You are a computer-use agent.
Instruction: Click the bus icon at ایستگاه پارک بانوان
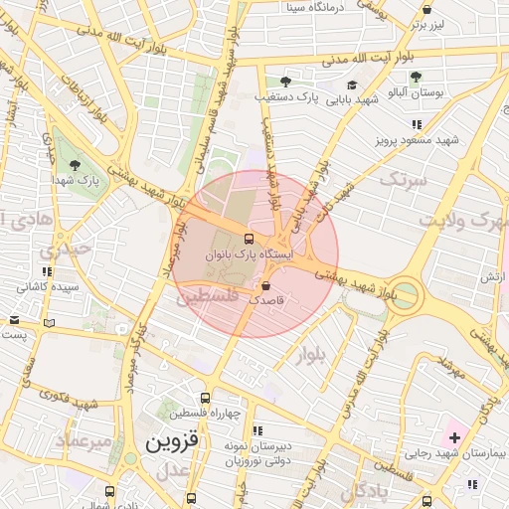tap(248, 239)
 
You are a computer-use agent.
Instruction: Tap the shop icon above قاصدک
tap(265, 286)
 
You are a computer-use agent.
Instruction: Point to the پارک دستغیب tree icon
tap(285, 82)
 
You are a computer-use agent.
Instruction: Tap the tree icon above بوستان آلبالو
tap(416, 77)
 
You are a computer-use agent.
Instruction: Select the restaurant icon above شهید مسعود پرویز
tap(416, 124)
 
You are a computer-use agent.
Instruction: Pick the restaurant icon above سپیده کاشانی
tap(46, 270)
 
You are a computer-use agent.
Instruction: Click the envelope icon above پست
tap(14, 320)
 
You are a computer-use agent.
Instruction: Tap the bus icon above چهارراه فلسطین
tap(205, 398)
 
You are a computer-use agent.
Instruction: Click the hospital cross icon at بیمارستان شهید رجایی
tap(454, 437)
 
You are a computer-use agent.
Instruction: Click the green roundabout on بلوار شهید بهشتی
tap(405, 296)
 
